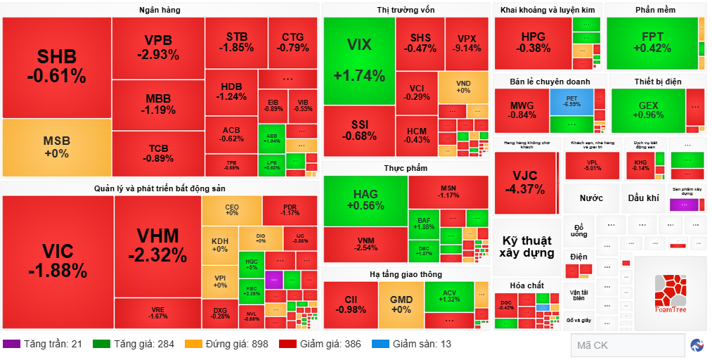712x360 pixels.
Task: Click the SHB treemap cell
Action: [56, 67]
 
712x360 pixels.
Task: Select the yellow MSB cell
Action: [56, 147]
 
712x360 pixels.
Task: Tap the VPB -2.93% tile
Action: [158, 47]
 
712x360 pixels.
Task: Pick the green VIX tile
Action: [358, 60]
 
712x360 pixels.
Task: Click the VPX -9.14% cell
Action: [467, 44]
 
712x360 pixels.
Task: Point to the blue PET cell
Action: [571, 101]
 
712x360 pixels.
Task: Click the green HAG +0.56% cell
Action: [365, 200]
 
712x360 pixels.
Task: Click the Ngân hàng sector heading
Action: [160, 10]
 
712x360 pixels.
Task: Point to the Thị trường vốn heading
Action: [406, 10]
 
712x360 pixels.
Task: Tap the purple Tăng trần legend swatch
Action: [11, 344]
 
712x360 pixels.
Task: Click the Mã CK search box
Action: [627, 345]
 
